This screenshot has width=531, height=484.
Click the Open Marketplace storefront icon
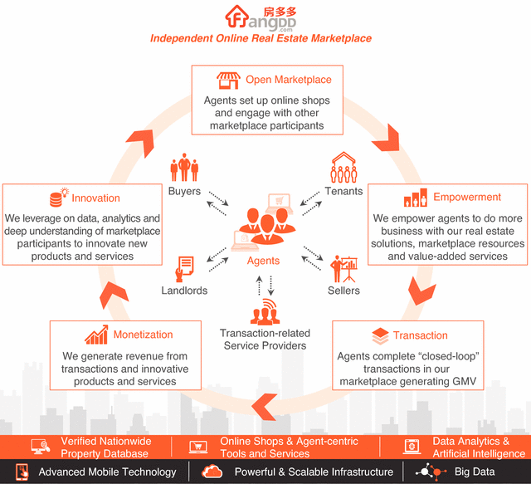(x=228, y=81)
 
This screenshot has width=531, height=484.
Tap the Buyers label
(x=184, y=191)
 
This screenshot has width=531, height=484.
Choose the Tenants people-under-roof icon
(x=343, y=168)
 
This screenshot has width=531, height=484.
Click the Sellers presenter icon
(x=343, y=268)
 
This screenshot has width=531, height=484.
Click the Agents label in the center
(x=264, y=261)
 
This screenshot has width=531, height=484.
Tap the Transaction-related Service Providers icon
(x=263, y=313)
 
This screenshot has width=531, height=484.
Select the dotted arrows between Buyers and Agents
(x=219, y=201)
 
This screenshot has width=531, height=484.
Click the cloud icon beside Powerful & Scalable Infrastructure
(x=212, y=472)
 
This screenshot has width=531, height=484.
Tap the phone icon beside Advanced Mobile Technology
(x=22, y=472)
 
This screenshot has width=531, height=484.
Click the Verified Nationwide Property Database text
(x=105, y=447)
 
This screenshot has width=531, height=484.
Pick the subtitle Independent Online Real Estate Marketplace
(x=261, y=38)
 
